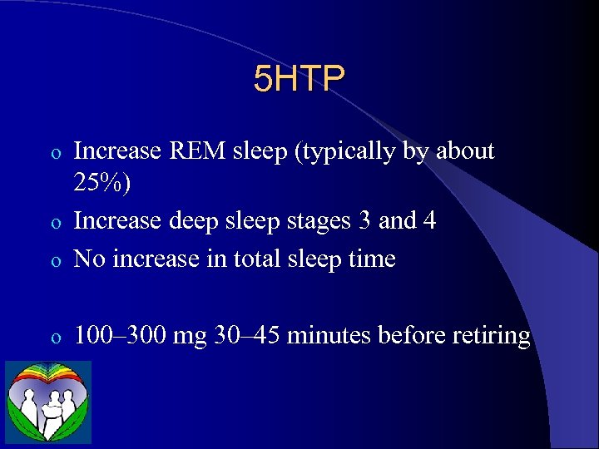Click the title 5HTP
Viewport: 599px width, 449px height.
[299, 79]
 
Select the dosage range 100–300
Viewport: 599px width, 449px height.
[121, 335]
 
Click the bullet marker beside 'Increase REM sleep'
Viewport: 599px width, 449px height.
[56, 154]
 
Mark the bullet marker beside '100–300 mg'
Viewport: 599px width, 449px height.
[56, 338]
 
